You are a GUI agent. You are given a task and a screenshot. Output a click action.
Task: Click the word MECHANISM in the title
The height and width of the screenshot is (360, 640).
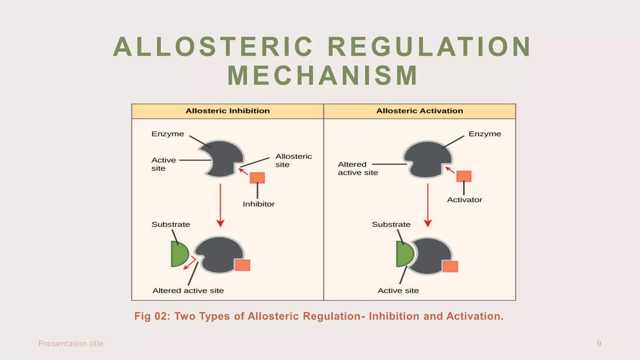pyautogui.click(x=322, y=76)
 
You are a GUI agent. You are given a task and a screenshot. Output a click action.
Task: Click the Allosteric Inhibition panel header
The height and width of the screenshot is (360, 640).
pyautogui.click(x=227, y=111)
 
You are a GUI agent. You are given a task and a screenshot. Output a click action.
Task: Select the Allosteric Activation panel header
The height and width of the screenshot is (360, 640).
pyautogui.click(x=419, y=111)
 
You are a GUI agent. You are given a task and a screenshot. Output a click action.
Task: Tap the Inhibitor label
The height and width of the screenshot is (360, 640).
pyautogui.click(x=258, y=204)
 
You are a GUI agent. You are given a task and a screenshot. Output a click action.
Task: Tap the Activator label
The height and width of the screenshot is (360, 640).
pyautogui.click(x=464, y=200)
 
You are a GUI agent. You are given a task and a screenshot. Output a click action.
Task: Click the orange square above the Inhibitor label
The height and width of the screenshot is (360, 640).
pyautogui.click(x=257, y=178)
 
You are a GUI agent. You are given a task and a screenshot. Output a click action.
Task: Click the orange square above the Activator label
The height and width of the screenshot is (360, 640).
pyautogui.click(x=464, y=176)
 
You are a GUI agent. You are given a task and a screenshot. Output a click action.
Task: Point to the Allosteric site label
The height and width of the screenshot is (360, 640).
pyautogui.click(x=293, y=160)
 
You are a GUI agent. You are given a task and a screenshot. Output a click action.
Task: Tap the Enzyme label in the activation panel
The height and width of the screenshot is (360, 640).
pyautogui.click(x=484, y=134)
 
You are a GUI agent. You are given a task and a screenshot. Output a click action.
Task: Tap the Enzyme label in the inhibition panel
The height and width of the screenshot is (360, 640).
pyautogui.click(x=167, y=134)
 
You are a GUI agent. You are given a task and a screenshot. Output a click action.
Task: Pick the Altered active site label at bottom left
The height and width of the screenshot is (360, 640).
pyautogui.click(x=188, y=291)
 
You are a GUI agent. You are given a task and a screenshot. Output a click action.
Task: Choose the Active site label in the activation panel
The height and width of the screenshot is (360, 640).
pyautogui.click(x=398, y=291)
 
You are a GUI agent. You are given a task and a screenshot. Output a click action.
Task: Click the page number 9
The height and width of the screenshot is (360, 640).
pyautogui.click(x=599, y=343)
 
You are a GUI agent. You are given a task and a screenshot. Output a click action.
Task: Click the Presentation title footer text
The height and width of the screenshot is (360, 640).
pyautogui.click(x=71, y=343)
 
